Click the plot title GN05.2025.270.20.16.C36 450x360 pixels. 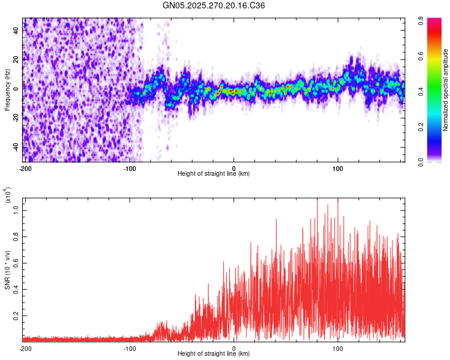click(214, 5)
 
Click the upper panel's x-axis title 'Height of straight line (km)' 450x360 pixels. click(214, 174)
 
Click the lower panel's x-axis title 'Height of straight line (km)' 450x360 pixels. click(214, 354)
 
